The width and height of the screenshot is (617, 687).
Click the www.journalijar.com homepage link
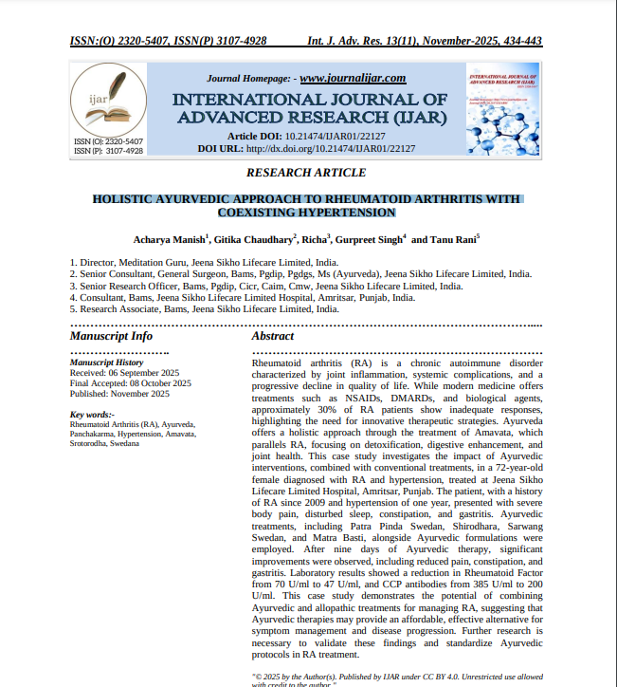tap(353, 78)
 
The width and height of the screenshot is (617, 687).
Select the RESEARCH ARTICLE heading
tap(305, 173)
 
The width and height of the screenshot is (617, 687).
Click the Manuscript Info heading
tap(111, 336)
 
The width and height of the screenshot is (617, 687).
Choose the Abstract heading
tap(273, 336)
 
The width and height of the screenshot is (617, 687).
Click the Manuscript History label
tap(107, 362)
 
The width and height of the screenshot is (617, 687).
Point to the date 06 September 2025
tap(138, 373)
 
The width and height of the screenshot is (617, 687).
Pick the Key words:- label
tap(92, 415)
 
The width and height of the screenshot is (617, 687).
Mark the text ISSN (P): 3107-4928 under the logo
tap(108, 150)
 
